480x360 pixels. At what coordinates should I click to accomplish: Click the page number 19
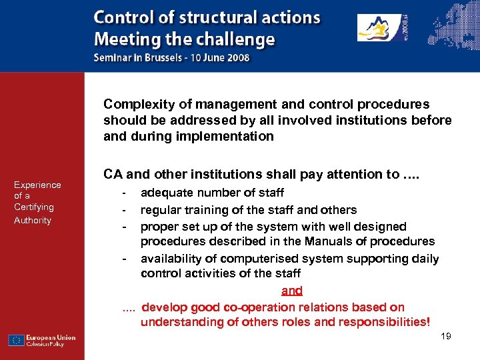point(446,336)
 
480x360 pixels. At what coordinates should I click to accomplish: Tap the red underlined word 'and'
point(292,291)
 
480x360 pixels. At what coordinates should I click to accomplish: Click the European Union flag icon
point(16,340)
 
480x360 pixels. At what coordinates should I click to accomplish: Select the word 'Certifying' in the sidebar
point(33,207)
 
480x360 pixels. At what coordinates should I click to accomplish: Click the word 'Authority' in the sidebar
point(33,220)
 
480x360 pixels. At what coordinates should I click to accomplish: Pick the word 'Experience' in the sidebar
point(37,185)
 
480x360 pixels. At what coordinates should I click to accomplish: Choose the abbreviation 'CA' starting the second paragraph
point(112,175)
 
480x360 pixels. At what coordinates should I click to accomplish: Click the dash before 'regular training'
point(125,210)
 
